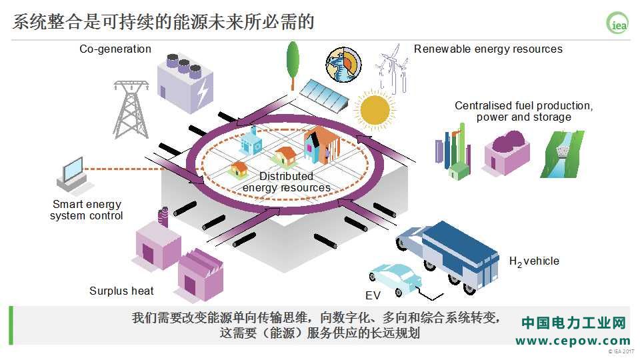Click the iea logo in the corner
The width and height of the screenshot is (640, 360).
(617, 23)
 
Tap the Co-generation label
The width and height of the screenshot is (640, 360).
(115, 49)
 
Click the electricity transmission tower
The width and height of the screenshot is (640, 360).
(131, 109)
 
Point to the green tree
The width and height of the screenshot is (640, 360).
(293, 65)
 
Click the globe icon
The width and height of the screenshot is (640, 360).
(344, 65)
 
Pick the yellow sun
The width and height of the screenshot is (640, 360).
(375, 109)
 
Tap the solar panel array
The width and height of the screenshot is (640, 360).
(324, 95)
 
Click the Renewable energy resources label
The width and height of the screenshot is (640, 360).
(488, 49)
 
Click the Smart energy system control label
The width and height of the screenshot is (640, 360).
(87, 210)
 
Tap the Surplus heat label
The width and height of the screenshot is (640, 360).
(121, 291)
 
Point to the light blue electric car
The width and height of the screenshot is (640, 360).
(395, 279)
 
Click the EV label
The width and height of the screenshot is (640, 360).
(373, 295)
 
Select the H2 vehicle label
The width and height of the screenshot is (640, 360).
(534, 261)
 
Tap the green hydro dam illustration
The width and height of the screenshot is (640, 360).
(563, 154)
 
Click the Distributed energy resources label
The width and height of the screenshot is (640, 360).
(287, 182)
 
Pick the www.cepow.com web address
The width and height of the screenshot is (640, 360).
(573, 341)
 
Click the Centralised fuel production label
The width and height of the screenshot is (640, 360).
(524, 106)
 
